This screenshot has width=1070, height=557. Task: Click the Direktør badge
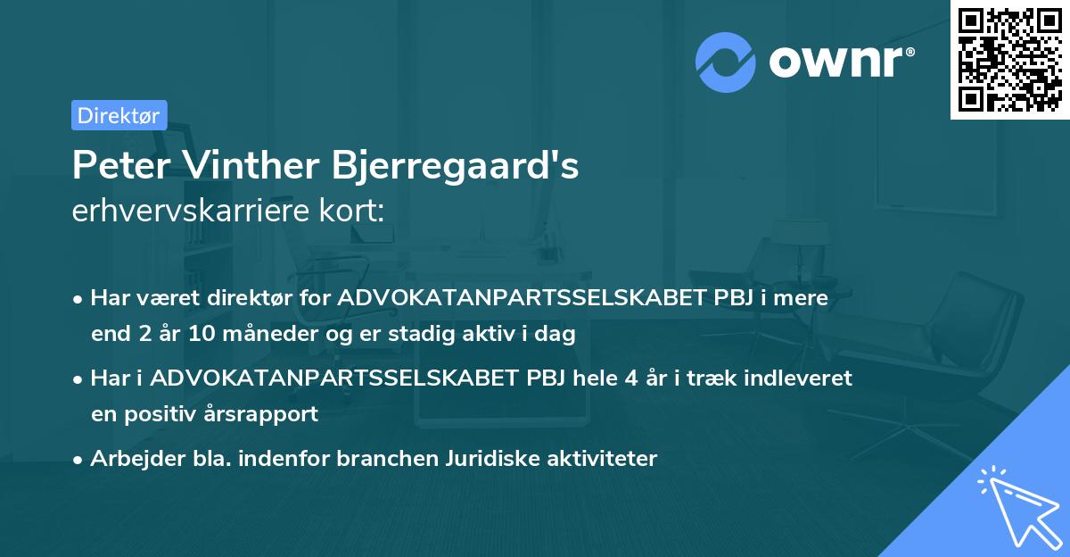(x=119, y=115)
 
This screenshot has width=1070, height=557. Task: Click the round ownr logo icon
(x=726, y=61)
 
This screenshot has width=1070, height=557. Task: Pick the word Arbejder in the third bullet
(x=128, y=459)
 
